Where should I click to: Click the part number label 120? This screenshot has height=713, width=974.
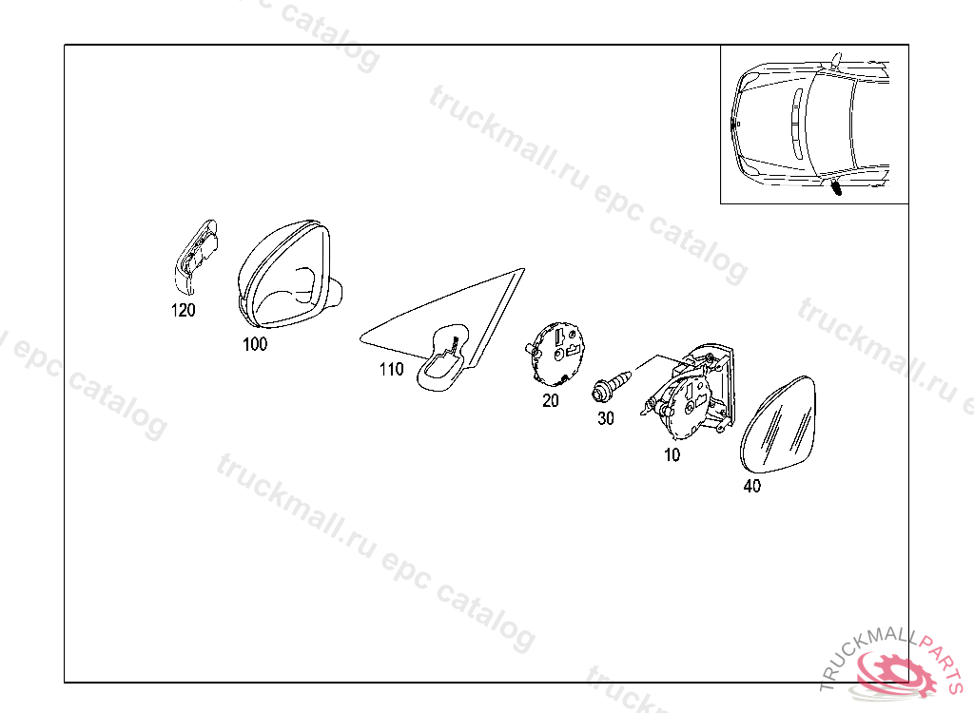(x=184, y=310)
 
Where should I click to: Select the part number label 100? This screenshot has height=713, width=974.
(x=255, y=344)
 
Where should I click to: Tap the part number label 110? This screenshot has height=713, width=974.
(x=391, y=370)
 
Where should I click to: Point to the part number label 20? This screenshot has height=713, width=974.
(x=551, y=400)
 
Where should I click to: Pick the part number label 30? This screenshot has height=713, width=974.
(x=606, y=418)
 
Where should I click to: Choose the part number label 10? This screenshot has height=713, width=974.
(x=672, y=455)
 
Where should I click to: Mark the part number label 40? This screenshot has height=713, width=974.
(x=751, y=487)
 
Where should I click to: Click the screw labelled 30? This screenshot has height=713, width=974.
(x=612, y=386)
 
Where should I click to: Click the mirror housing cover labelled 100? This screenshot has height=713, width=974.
(x=287, y=273)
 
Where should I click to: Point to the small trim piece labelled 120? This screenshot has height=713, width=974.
(x=194, y=256)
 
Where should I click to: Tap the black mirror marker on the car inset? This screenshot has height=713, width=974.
(x=836, y=187)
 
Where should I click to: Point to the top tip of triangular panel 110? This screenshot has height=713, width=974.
(x=524, y=270)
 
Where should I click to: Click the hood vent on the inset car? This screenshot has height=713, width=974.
(x=796, y=125)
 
